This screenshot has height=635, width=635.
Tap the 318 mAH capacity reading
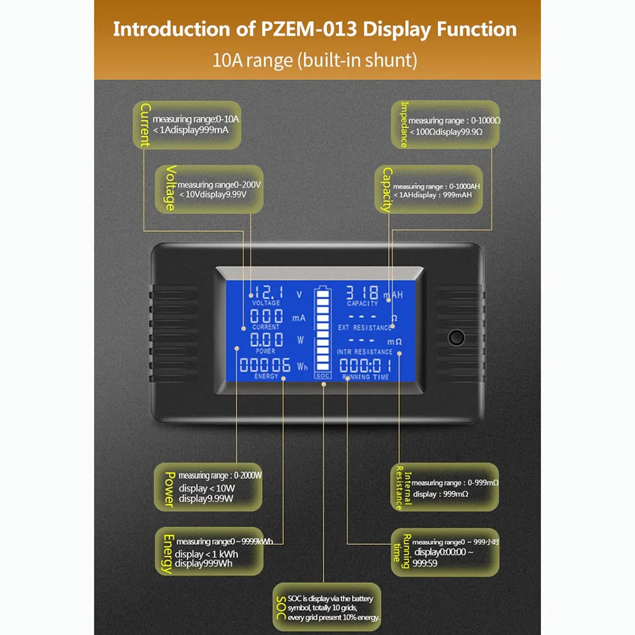(361, 293)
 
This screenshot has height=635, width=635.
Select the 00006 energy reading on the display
(265, 365)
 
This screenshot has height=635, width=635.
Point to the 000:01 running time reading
(365, 365)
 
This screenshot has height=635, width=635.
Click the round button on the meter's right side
(456, 337)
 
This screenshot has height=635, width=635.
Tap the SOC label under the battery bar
(323, 375)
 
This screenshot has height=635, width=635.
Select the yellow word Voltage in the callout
(170, 187)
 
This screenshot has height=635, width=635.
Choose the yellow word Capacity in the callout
(387, 189)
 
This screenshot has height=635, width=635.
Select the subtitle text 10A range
(245, 61)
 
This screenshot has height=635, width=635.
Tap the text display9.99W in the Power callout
(206, 498)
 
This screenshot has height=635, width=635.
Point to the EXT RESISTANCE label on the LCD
(364, 328)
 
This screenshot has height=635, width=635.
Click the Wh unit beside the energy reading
(302, 366)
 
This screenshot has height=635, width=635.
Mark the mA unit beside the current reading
(299, 317)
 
